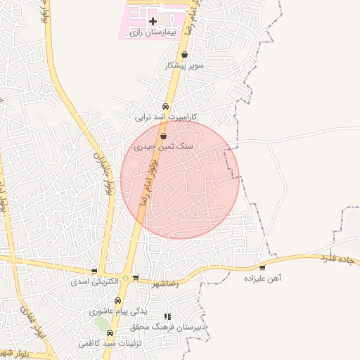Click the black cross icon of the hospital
(153, 22)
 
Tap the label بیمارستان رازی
(153, 33)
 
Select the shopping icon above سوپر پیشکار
(185, 55)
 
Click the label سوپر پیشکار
(184, 65)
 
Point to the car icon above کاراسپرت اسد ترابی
(166, 107)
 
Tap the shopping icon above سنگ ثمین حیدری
(163, 136)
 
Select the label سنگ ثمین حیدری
(163, 147)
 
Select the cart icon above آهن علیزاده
(262, 268)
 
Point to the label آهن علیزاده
(262, 278)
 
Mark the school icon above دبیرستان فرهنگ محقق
(167, 317)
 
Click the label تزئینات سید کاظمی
(109, 343)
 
